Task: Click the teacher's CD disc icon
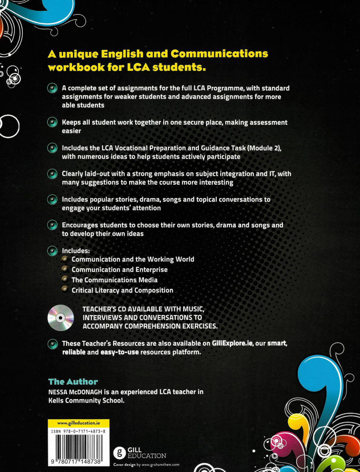coord(60,318)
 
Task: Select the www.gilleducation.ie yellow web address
coord(79,423)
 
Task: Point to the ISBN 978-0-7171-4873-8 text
coord(78,431)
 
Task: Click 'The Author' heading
coord(73,382)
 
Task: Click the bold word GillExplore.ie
coord(232,343)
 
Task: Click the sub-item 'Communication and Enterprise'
coord(120,270)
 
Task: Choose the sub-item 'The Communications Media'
coord(114,280)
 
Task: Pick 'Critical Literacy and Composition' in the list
coord(122,290)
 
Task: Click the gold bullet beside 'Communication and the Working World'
coord(65,259)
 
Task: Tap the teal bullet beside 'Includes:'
coord(52,251)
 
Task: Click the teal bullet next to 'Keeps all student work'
coord(52,122)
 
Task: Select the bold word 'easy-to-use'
coord(120,352)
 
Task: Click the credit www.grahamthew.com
coord(160,465)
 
